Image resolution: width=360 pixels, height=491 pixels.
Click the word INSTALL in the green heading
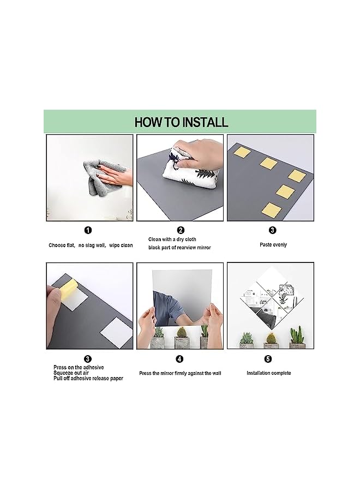205,122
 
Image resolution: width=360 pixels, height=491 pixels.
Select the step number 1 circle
88,230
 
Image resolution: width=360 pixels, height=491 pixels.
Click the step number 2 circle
181,230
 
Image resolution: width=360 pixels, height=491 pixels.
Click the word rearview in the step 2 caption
187,247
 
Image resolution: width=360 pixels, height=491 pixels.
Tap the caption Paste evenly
273,244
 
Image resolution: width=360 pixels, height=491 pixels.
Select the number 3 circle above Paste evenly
272,230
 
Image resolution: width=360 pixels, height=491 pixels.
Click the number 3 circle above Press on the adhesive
88,359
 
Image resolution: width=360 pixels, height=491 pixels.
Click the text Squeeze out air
71,373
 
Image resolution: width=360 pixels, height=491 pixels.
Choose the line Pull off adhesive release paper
88,378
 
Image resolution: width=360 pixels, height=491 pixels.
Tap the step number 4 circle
179,359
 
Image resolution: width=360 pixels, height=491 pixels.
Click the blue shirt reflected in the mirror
166,308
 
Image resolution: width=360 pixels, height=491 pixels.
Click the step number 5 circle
268,359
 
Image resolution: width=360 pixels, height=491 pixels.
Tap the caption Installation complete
268,373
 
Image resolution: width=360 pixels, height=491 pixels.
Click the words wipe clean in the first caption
121,245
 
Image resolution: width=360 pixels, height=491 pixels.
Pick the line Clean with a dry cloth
172,239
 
